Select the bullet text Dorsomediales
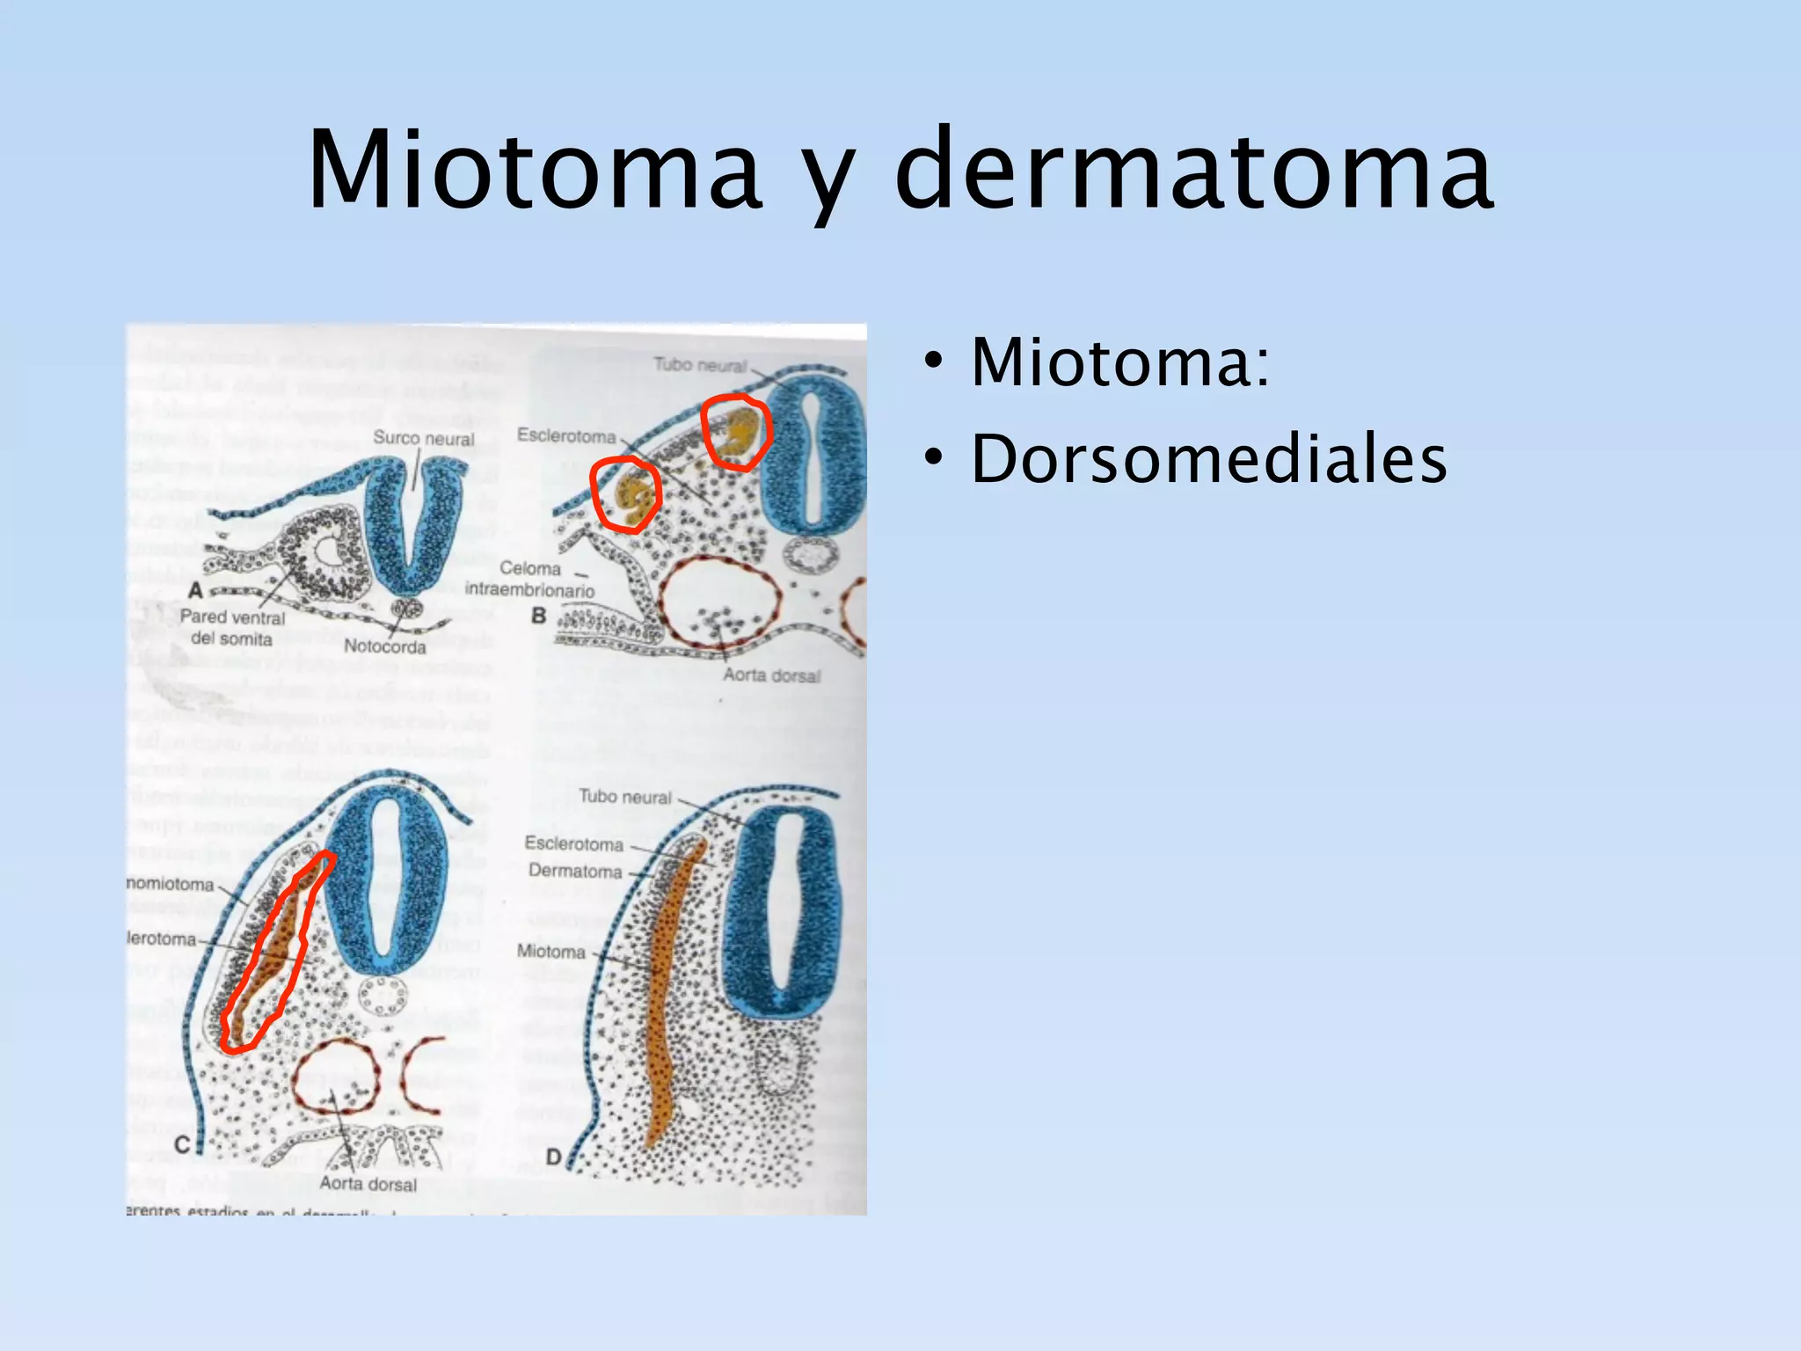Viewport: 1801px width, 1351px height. tap(1208, 459)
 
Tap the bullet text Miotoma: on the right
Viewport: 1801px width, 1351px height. tap(1120, 361)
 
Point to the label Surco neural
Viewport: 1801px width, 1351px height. tap(423, 438)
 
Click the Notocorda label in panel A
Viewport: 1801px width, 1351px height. tap(384, 646)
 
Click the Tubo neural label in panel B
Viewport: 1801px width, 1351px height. tap(700, 365)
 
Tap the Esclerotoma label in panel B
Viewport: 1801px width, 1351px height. tap(566, 435)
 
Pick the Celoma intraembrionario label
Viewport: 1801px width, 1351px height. tap(530, 580)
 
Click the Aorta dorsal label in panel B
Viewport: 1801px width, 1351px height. tap(771, 675)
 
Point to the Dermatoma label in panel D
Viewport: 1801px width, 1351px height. tap(575, 872)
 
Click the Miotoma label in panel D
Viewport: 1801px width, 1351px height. tap(551, 952)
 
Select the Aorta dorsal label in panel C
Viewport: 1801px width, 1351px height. tap(368, 1184)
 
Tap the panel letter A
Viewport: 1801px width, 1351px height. tap(195, 590)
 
